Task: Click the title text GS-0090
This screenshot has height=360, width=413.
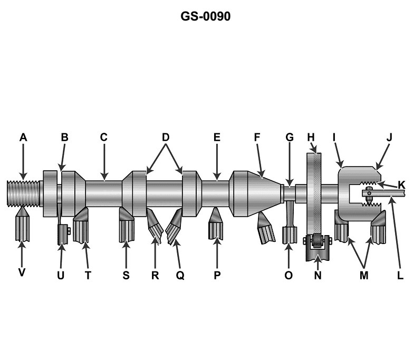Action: [x=206, y=17]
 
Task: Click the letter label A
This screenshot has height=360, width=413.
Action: [x=23, y=138]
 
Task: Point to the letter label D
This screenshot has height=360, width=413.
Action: [x=165, y=138]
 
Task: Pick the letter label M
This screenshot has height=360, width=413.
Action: [x=364, y=275]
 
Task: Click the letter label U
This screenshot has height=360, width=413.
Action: [x=61, y=275]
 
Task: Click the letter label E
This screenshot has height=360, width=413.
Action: [x=217, y=138]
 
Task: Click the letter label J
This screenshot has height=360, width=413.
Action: [x=389, y=138]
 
